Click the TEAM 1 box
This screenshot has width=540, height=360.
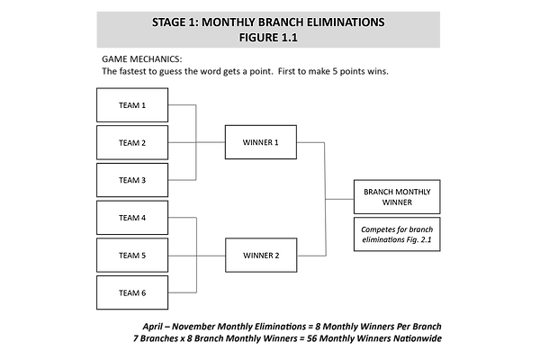pos(132,105)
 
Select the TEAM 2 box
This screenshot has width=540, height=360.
pos(132,142)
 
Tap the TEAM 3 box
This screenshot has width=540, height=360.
pos(132,180)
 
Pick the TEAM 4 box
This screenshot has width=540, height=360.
pos(132,218)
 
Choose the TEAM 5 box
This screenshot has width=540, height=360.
pos(132,256)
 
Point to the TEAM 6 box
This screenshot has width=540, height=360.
pos(132,292)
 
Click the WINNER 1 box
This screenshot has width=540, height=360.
pos(261,142)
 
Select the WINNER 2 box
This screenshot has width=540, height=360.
pos(261,256)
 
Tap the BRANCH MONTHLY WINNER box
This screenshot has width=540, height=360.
pos(397,197)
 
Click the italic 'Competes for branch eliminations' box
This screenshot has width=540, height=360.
pos(397,234)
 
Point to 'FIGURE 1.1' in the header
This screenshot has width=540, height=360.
pos(268,38)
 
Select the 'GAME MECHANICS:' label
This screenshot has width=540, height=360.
pos(142,59)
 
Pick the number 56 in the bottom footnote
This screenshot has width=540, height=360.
pos(311,338)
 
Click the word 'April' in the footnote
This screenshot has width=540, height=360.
pos(153,327)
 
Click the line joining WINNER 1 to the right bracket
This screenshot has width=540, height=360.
pos(310,142)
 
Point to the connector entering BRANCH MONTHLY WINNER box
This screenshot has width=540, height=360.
pos(339,199)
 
